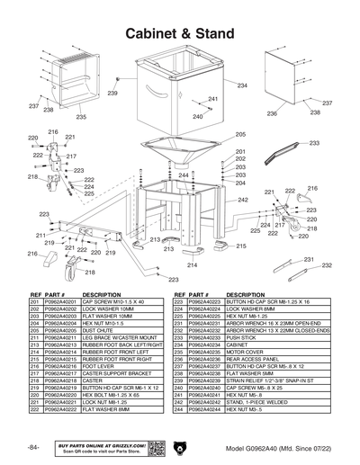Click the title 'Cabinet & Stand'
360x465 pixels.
[x=180, y=34]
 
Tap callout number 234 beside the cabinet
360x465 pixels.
[x=242, y=85]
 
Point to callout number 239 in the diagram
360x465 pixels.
[x=112, y=93]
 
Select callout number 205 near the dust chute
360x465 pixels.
[x=240, y=134]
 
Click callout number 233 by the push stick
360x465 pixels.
[x=313, y=143]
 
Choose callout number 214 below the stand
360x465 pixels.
[x=192, y=265]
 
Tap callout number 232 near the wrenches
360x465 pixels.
[x=327, y=266]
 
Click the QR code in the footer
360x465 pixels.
[x=154, y=448]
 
